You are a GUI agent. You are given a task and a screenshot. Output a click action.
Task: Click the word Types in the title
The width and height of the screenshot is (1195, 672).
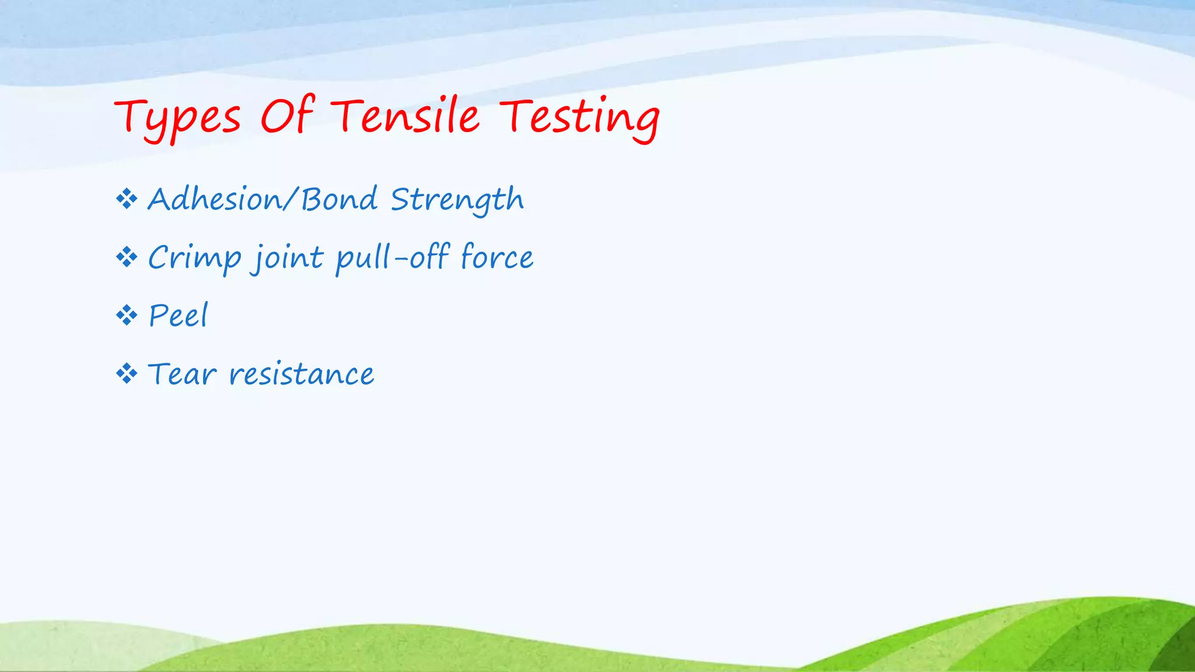click(x=177, y=118)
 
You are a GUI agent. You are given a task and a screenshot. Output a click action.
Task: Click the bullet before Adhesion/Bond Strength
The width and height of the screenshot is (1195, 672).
click(x=127, y=199)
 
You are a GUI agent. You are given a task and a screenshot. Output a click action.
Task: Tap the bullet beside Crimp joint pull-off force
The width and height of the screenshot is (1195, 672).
click(x=127, y=257)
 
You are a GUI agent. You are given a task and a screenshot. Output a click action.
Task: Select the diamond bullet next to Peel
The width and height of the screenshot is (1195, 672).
click(x=127, y=316)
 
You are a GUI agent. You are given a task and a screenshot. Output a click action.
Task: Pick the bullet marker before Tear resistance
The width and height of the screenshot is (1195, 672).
click(x=127, y=373)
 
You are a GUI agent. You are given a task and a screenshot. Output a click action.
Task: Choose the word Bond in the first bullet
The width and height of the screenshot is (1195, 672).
click(x=339, y=199)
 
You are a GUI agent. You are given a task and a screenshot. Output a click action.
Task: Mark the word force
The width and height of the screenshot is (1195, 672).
click(x=497, y=257)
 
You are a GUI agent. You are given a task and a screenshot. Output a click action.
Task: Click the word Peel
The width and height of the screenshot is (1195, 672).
click(x=178, y=316)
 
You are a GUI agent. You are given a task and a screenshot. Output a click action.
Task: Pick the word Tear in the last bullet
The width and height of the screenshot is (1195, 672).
click(x=182, y=374)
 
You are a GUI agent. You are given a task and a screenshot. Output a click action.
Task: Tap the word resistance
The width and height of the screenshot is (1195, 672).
click(x=301, y=374)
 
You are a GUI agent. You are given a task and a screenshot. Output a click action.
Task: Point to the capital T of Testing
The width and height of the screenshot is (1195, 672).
click(x=516, y=114)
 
